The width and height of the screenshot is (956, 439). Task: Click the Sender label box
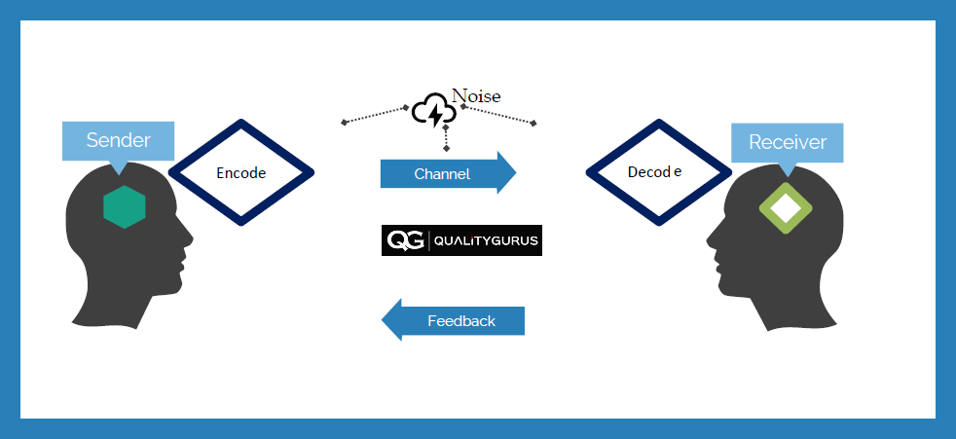pyautogui.click(x=118, y=141)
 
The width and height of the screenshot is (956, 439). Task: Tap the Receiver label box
pyautogui.click(x=788, y=143)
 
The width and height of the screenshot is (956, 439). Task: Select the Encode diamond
pyautogui.click(x=241, y=172)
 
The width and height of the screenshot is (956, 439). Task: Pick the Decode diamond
pyautogui.click(x=658, y=172)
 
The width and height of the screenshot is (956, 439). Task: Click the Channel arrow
pyautogui.click(x=448, y=173)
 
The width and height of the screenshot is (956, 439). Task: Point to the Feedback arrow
pyautogui.click(x=453, y=320)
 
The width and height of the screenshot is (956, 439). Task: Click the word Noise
pyautogui.click(x=475, y=96)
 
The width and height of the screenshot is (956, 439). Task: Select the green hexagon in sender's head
pyautogui.click(x=125, y=206)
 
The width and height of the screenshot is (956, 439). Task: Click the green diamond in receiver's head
pyautogui.click(x=786, y=208)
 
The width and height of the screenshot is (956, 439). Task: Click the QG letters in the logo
pyautogui.click(x=405, y=240)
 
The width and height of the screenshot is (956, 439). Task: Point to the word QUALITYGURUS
pyautogui.click(x=486, y=240)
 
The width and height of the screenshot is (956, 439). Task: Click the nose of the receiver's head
pyautogui.click(x=709, y=238)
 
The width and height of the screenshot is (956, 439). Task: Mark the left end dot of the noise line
pyautogui.click(x=345, y=123)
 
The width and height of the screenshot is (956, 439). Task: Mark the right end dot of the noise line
pyautogui.click(x=533, y=124)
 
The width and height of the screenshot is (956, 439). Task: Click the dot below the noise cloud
pyautogui.click(x=446, y=148)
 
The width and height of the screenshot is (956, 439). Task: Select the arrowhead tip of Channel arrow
pyautogui.click(x=516, y=172)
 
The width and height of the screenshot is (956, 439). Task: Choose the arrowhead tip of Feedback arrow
pyautogui.click(x=382, y=319)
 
